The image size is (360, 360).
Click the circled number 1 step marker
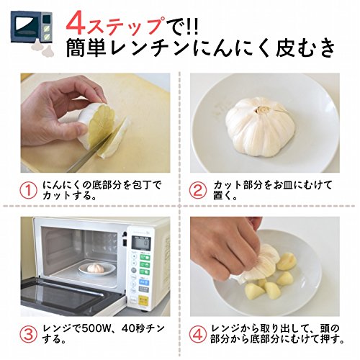pyautogui.click(x=28, y=191)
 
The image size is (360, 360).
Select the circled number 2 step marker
pyautogui.click(x=198, y=191)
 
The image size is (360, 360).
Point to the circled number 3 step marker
pyautogui.click(x=28, y=334)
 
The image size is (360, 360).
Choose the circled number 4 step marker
pyautogui.click(x=198, y=334)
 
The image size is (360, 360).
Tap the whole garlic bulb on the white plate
pyautogui.click(x=260, y=125)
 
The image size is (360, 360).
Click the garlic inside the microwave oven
pyautogui.click(x=96, y=268)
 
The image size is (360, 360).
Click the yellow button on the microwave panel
pyautogui.click(x=143, y=301)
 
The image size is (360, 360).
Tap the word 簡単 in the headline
pyautogui.click(x=86, y=48)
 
